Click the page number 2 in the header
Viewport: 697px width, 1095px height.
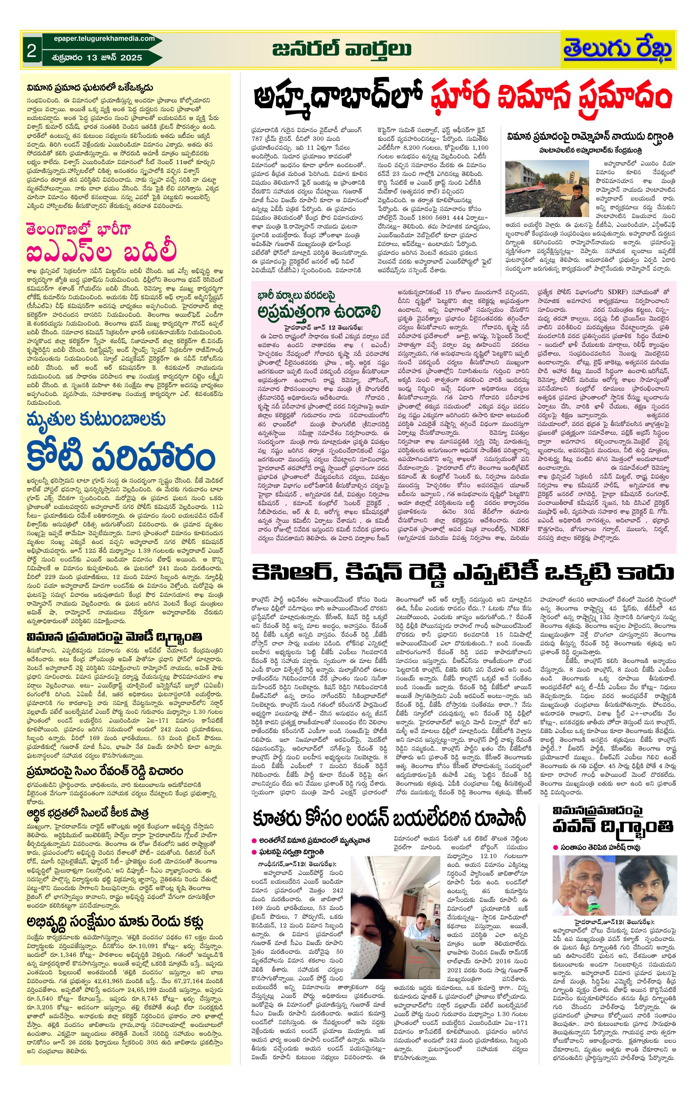[31, 51]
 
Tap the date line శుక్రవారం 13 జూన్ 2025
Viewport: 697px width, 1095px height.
[96, 58]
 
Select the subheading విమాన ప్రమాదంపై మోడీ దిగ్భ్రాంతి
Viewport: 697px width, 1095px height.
[113, 635]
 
